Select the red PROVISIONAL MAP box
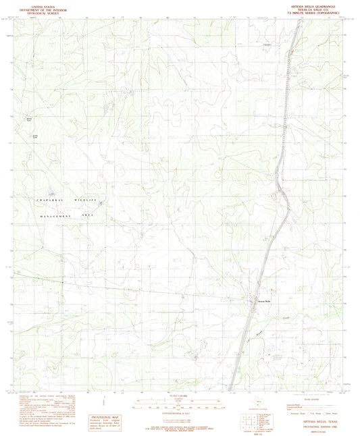109,420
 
